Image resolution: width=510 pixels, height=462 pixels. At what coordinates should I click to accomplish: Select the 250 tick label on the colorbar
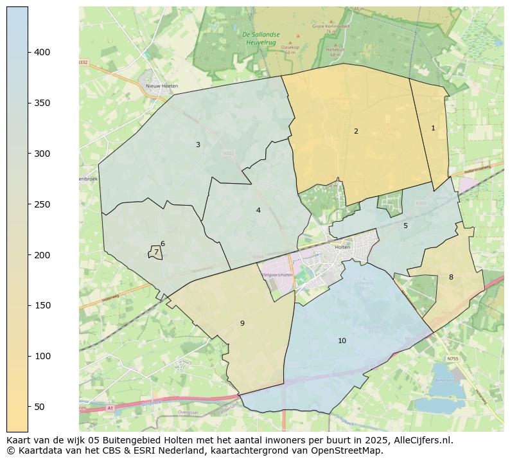pos(42,204)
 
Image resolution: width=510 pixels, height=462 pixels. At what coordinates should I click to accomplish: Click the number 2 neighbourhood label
pos(356,131)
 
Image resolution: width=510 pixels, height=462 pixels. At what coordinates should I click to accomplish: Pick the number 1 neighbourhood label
pos(433,128)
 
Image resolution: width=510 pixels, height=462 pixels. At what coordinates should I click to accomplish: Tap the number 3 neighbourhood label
pos(198,145)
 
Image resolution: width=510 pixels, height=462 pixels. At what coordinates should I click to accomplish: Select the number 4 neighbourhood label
pos(258,210)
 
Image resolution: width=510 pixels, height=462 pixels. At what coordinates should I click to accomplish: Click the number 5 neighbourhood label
pos(405,226)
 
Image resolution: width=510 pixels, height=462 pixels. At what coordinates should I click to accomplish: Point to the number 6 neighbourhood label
pos(163,244)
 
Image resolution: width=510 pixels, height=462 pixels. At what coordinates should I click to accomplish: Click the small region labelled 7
pos(155,253)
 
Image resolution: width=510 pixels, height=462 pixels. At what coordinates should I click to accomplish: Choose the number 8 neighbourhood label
pos(451,277)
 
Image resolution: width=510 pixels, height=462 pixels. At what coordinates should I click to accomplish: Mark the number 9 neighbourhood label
pos(242,323)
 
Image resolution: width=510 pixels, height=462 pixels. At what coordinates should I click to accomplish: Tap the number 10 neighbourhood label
pos(342,341)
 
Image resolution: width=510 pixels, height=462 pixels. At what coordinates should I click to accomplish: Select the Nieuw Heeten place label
pos(161,85)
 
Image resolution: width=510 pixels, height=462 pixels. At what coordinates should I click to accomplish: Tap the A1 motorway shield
pos(110,408)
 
